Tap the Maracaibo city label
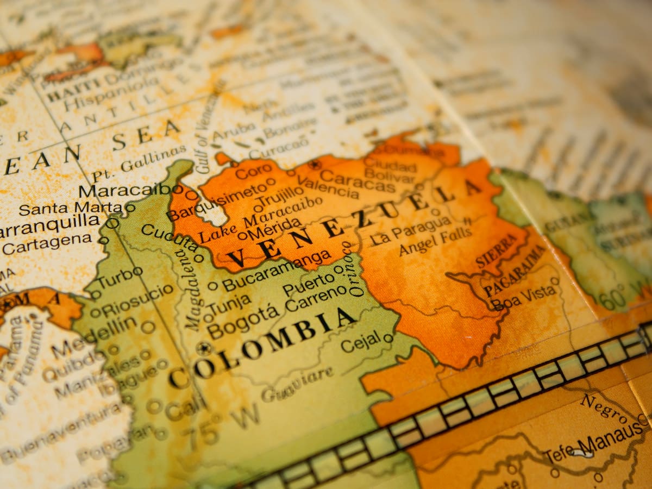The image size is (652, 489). [x=124, y=190]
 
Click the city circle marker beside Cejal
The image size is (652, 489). [x=387, y=338]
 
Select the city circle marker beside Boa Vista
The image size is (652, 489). [x=554, y=281]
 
